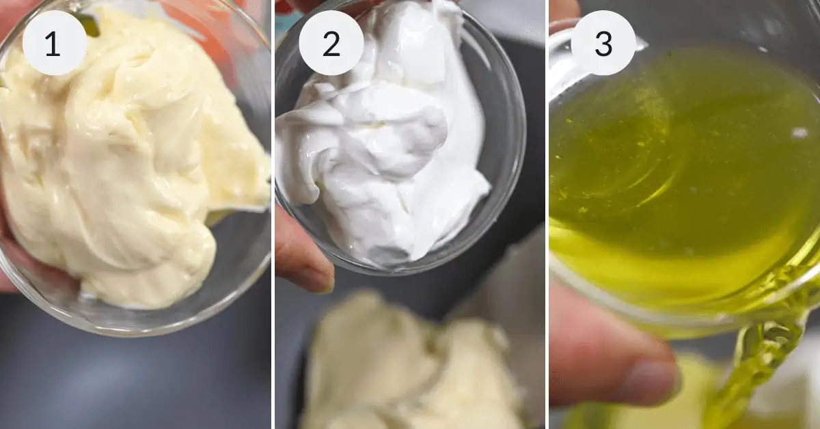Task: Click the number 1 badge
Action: coord(54,43)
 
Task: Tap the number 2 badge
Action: coord(331,43)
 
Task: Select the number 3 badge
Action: coord(603,43)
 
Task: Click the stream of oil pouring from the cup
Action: coord(761,370)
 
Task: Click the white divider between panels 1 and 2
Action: coord(273,214)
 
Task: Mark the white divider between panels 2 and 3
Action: coord(547,214)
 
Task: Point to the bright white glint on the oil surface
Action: coord(800,133)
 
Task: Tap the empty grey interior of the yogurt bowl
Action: coord(502,121)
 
